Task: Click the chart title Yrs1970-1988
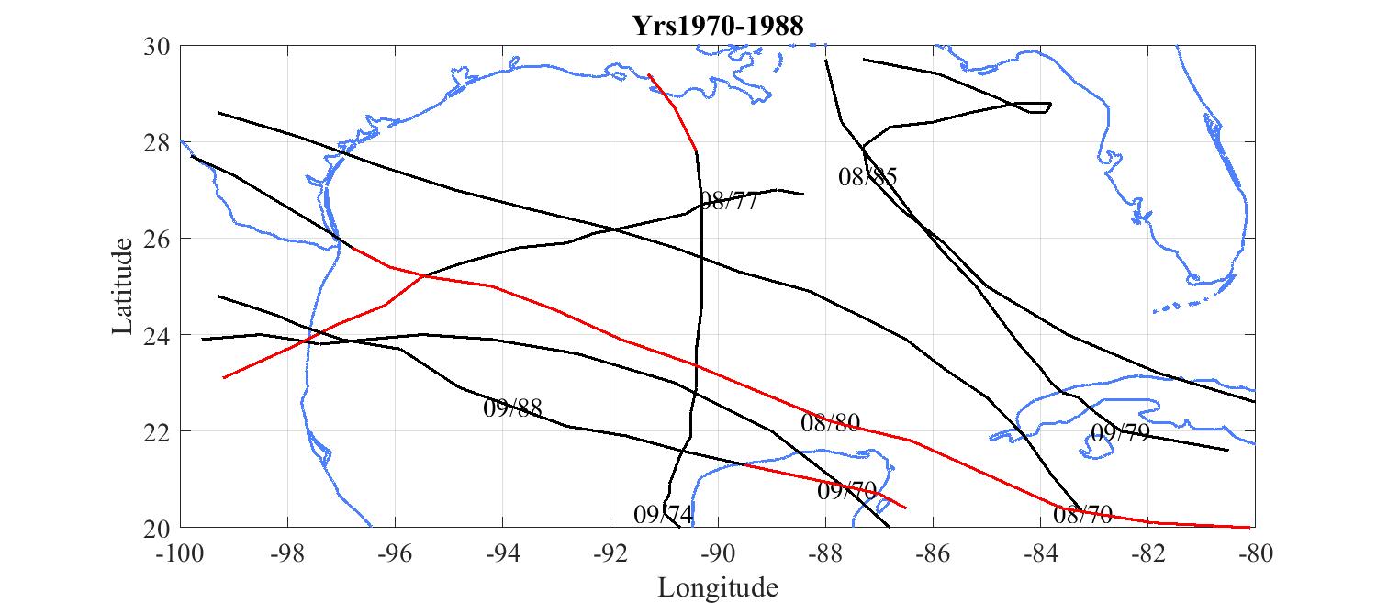(x=718, y=26)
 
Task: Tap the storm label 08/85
(x=867, y=177)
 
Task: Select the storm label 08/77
(x=728, y=202)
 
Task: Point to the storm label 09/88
(x=512, y=408)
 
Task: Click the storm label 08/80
(x=830, y=423)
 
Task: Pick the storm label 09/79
(x=1120, y=433)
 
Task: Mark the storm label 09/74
(x=663, y=514)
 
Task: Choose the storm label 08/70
(x=1082, y=515)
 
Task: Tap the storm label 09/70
(x=846, y=491)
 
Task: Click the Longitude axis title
(x=718, y=587)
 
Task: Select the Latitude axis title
(x=123, y=286)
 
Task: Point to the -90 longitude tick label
(x=718, y=553)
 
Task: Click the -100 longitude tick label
(x=181, y=553)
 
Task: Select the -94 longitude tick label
(x=503, y=553)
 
